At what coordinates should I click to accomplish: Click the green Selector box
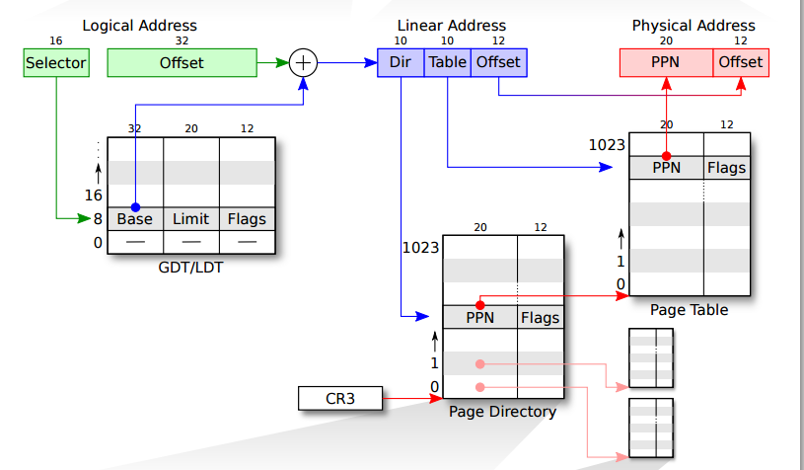(56, 62)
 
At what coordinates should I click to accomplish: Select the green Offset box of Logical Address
(183, 62)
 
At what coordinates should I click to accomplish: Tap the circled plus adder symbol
(303, 62)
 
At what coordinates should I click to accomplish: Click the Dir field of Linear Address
(401, 62)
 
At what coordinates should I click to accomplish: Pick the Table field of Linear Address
(447, 62)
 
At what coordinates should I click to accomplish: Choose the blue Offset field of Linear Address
(499, 62)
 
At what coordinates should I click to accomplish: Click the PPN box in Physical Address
(666, 62)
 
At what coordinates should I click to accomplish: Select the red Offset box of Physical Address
(741, 62)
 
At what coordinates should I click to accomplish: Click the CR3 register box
(340, 398)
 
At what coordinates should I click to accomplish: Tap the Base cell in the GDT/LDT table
(135, 219)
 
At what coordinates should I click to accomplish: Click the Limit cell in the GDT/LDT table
(191, 219)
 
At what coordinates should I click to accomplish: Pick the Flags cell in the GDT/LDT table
(248, 219)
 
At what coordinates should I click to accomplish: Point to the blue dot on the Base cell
(135, 207)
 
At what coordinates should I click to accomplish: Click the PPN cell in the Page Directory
(480, 317)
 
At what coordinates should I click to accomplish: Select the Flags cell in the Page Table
(727, 168)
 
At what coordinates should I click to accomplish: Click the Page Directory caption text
(502, 412)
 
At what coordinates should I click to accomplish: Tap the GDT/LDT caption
(190, 268)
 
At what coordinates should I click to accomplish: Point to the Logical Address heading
(139, 26)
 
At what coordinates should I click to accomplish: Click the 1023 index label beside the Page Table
(607, 145)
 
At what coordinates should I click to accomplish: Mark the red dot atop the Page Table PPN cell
(666, 156)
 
